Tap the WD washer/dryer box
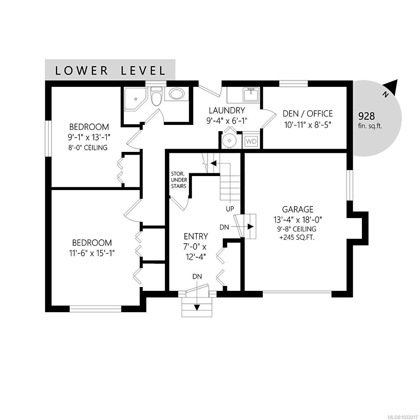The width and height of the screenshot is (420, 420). click(251, 141)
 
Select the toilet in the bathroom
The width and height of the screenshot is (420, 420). click(156, 96)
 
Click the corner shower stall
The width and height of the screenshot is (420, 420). click(133, 98)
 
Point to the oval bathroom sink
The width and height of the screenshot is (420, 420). click(176, 94)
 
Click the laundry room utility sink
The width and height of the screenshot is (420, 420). click(251, 94)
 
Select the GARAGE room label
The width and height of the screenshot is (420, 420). click(297, 209)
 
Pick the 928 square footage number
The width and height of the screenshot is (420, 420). click(366, 116)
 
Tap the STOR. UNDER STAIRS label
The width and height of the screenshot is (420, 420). click(178, 180)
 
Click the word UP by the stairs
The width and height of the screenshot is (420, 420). click(230, 209)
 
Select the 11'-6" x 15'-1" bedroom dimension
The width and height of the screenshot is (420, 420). click(92, 253)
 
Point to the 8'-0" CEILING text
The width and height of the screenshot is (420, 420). click(88, 147)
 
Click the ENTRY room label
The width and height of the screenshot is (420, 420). click(196, 236)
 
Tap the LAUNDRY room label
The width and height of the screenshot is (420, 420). click(226, 111)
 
